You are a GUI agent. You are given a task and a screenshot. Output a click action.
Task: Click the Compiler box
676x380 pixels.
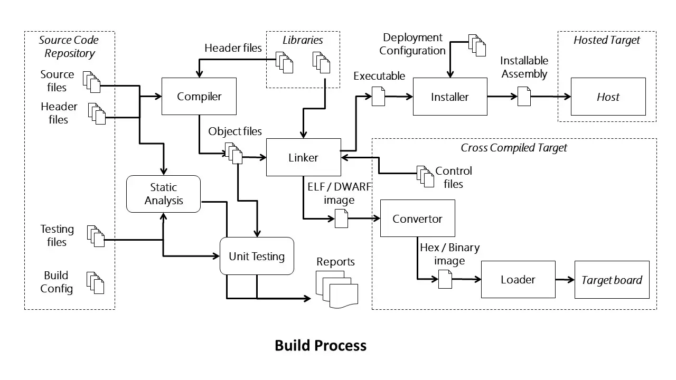click(199, 96)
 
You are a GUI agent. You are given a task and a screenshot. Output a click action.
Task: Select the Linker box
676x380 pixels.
click(304, 157)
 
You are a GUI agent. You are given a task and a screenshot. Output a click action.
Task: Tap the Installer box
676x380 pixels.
click(450, 97)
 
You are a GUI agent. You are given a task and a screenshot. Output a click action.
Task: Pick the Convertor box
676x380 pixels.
click(418, 218)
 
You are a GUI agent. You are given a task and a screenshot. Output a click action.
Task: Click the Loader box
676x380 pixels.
click(518, 280)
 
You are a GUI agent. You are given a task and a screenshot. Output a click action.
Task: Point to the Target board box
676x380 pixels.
click(612, 280)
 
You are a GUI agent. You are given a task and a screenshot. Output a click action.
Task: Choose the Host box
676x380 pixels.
click(608, 97)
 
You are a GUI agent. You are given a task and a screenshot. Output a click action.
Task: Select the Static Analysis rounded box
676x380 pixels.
click(163, 194)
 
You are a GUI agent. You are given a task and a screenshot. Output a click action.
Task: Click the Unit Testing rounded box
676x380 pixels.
click(257, 256)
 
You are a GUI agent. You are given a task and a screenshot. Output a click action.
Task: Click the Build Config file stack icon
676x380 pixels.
click(96, 283)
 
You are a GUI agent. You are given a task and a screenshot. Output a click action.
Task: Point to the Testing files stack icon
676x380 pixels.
click(96, 236)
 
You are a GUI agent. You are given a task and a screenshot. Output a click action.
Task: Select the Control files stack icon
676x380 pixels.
click(425, 176)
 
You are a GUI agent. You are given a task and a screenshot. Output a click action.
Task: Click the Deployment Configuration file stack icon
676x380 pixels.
click(477, 45)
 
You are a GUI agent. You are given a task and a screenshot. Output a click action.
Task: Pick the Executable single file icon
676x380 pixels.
click(378, 96)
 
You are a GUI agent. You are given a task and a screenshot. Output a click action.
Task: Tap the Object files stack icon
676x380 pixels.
click(233, 153)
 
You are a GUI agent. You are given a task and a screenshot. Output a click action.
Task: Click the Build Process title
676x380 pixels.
click(321, 346)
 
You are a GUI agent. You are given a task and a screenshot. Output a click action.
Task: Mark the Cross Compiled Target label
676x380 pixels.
click(514, 148)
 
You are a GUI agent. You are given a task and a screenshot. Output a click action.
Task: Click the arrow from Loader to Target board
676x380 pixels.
click(565, 280)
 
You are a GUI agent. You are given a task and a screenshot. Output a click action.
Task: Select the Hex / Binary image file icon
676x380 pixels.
click(445, 279)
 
